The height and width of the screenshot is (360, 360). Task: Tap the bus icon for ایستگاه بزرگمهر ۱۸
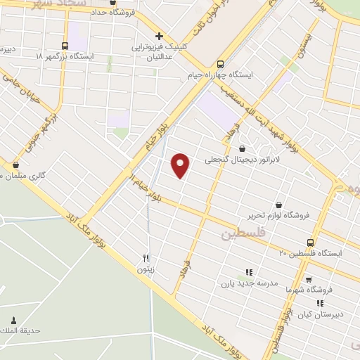[65, 46]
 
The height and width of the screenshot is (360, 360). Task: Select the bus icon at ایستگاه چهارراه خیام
[221, 63]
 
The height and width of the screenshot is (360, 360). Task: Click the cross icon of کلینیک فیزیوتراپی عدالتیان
[159, 36]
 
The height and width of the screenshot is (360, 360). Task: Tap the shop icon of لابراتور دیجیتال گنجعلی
[243, 148]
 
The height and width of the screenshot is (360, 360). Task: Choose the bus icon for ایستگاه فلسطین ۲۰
[310, 243]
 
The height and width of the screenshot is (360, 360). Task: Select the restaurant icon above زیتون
[146, 258]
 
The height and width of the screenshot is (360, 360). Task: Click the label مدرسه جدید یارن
[246, 283]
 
